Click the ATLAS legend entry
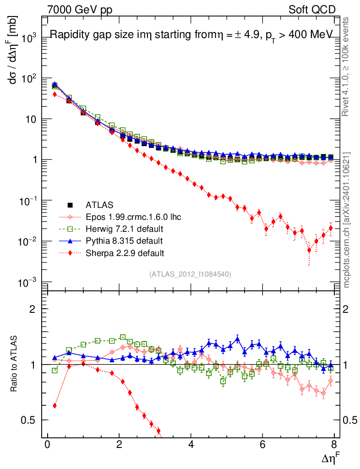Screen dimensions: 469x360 point(99,205)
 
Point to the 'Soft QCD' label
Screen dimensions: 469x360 point(311,9)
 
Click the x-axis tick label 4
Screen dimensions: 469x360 point(191,446)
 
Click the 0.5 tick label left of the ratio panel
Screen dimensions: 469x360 point(30,420)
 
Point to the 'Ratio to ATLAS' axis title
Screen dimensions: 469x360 point(14,365)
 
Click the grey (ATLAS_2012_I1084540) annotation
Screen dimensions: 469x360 point(190,274)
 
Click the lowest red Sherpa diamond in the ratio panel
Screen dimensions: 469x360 point(158,431)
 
